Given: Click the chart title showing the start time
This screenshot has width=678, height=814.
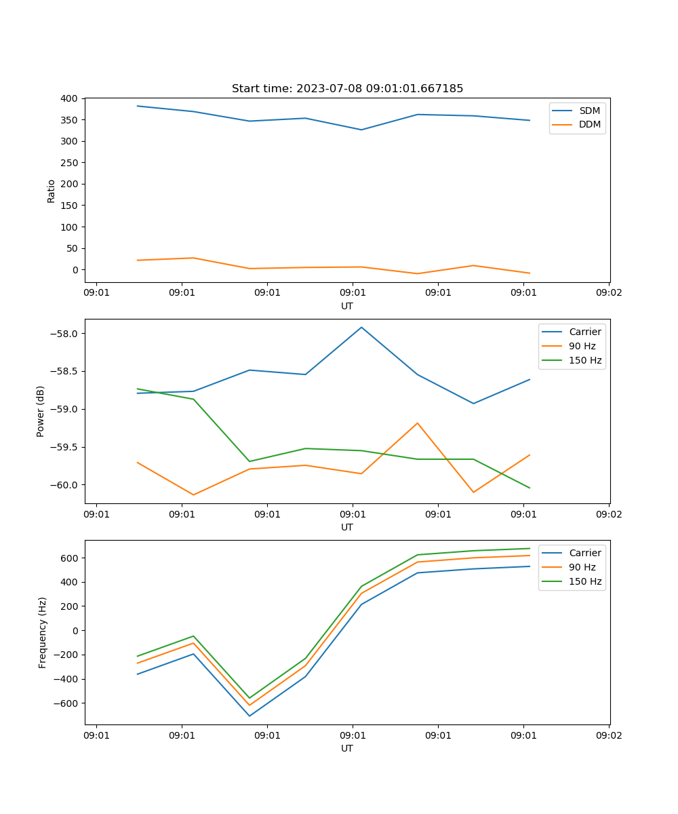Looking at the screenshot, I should (347, 89).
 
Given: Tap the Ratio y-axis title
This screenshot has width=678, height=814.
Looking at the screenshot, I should (52, 191).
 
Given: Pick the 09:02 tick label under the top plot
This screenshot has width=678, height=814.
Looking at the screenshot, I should (608, 293).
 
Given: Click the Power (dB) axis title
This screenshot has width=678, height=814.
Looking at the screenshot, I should (41, 411).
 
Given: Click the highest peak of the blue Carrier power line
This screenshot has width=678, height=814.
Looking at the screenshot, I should (361, 327).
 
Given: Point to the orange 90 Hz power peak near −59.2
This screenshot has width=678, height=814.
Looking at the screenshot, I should (418, 423).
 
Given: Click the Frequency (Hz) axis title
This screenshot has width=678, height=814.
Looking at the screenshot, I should (43, 632).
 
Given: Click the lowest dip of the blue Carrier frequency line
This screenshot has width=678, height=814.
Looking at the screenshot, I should (250, 716).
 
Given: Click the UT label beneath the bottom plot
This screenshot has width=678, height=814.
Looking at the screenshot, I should (347, 748).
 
